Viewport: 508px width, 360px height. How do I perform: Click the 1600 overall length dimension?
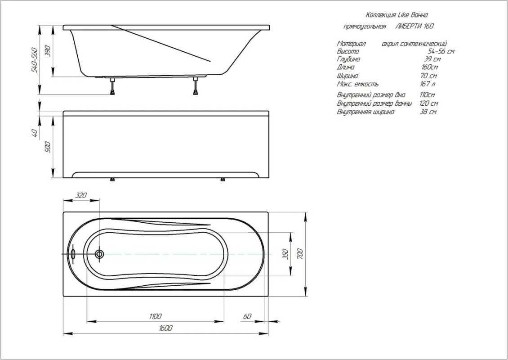[165, 328]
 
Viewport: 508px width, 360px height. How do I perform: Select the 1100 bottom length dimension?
[156, 316]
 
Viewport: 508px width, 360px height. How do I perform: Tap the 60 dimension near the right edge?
[247, 316]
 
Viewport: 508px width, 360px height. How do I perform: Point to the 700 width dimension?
[300, 253]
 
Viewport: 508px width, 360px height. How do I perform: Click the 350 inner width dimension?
[285, 254]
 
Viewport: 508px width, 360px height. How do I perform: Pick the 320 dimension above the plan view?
[81, 195]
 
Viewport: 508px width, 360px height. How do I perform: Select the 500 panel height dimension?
[48, 147]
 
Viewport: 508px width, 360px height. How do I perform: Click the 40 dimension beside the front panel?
[36, 133]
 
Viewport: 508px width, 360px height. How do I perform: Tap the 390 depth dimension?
[48, 51]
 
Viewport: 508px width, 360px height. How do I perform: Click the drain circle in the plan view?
[99, 254]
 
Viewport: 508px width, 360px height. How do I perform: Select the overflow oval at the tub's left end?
[73, 254]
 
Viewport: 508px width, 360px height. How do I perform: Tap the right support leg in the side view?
[196, 86]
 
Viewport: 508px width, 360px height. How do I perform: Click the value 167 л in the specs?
[427, 84]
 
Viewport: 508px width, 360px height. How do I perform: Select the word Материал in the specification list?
[352, 44]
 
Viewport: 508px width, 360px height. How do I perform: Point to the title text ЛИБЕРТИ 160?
[414, 26]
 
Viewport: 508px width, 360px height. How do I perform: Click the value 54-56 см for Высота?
[441, 51]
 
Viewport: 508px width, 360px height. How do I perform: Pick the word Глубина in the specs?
[348, 59]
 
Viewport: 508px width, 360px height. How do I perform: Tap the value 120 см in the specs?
[428, 103]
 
